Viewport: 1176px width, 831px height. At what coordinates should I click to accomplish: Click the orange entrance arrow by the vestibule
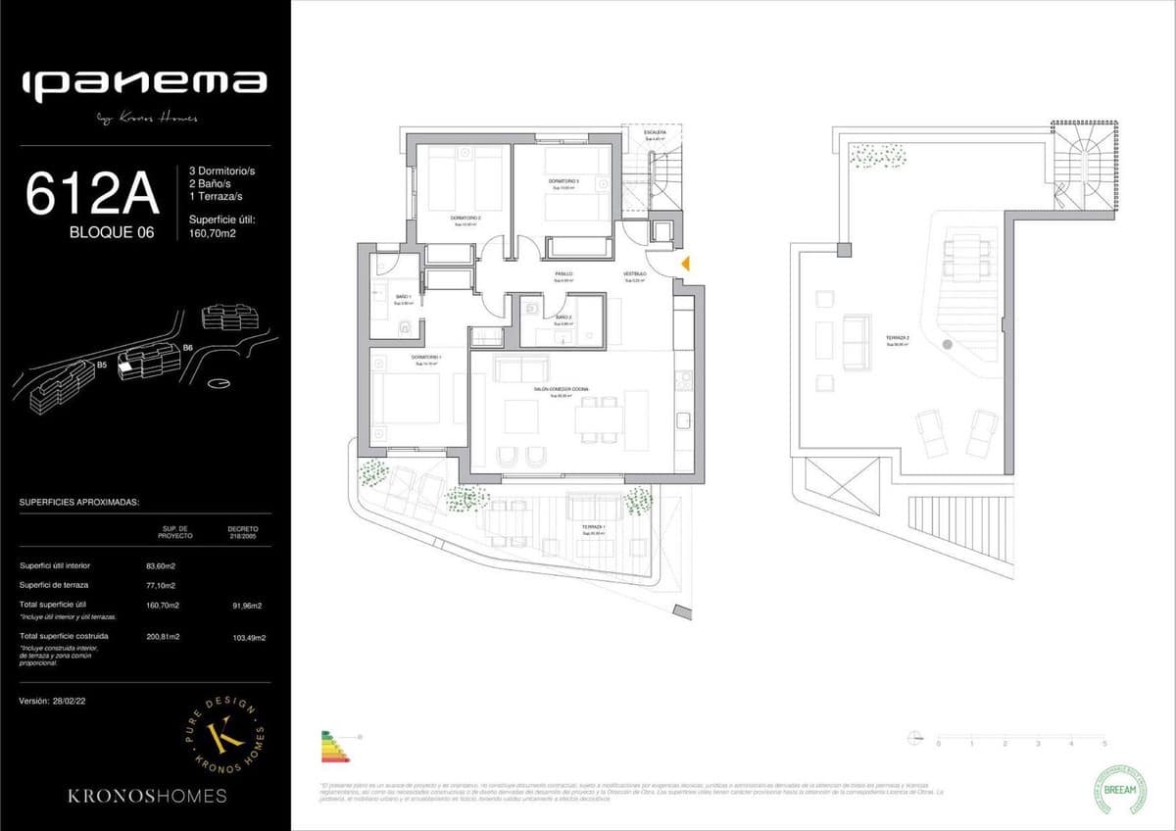pos(686,263)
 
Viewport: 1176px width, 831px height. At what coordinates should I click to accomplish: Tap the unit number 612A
pos(92,192)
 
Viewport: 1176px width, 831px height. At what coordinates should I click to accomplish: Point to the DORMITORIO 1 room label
pos(425,358)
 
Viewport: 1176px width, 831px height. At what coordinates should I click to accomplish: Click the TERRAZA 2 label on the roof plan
pos(898,338)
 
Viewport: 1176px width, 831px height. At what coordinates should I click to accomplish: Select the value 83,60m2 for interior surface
pos(161,565)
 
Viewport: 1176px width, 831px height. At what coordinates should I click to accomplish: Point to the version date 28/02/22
pos(73,702)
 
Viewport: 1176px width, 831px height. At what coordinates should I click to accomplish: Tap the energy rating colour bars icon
pos(336,747)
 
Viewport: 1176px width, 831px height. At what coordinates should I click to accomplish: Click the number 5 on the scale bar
pos(1104,745)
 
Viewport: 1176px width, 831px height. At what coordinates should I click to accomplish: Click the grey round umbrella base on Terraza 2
pos(948,345)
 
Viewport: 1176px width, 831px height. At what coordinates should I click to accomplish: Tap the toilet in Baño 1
pos(405,326)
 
